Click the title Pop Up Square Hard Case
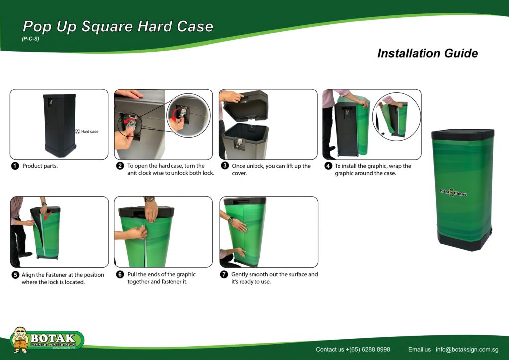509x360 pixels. (x=118, y=27)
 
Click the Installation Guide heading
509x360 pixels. (x=427, y=53)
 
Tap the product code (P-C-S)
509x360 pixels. (x=30, y=39)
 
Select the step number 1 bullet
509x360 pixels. (x=15, y=166)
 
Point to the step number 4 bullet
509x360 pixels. (x=328, y=166)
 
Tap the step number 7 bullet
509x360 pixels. (x=224, y=274)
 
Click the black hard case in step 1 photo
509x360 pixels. (x=59, y=124)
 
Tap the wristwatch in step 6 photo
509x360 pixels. (x=149, y=199)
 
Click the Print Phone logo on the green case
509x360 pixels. (x=453, y=193)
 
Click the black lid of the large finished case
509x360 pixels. (x=462, y=134)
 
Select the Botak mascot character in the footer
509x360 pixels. (x=20, y=339)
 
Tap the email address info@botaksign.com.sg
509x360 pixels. (x=467, y=350)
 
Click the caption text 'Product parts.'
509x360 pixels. (x=40, y=166)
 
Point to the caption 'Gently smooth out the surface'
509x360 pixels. (x=274, y=274)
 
